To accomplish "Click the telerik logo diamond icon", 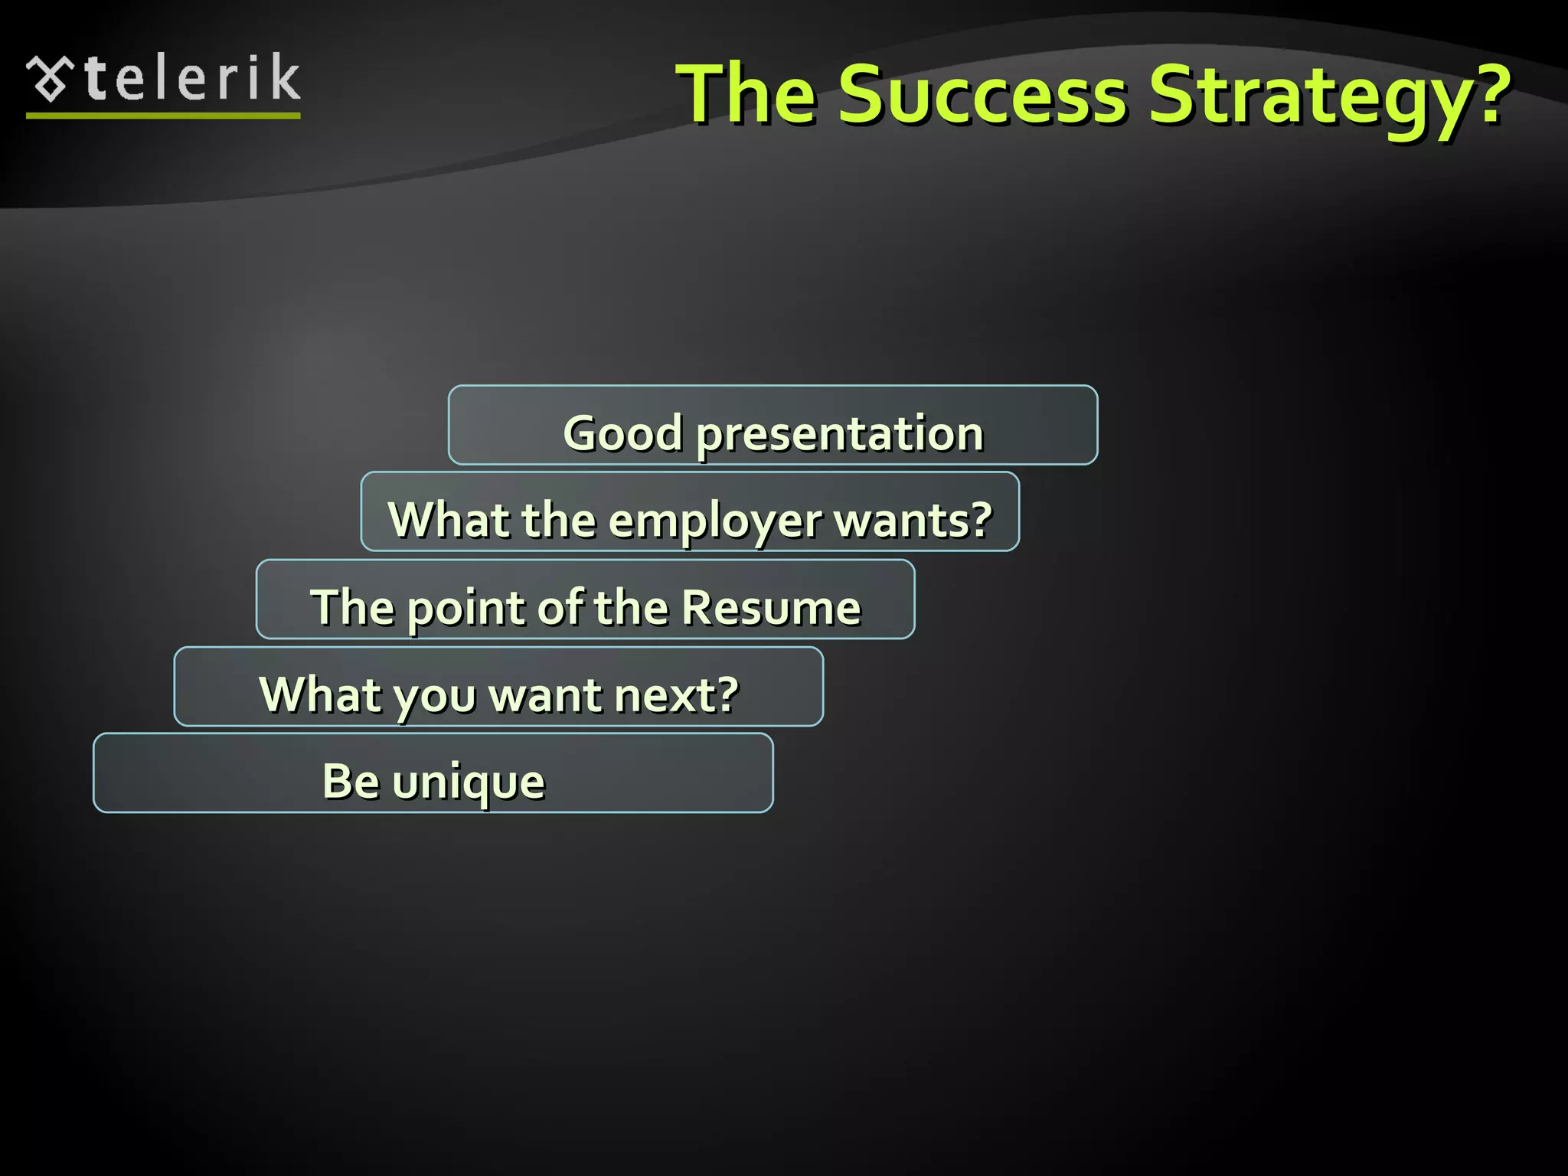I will pos(50,80).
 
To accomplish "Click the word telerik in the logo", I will pos(193,79).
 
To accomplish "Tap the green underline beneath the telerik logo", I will pos(163,116).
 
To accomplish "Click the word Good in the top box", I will pos(622,433).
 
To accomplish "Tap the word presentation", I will pos(840,435).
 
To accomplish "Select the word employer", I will pos(715,522).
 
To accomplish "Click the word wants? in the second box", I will pos(913,521).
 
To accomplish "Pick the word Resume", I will pos(771,608).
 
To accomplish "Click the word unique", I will pos(469,783).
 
